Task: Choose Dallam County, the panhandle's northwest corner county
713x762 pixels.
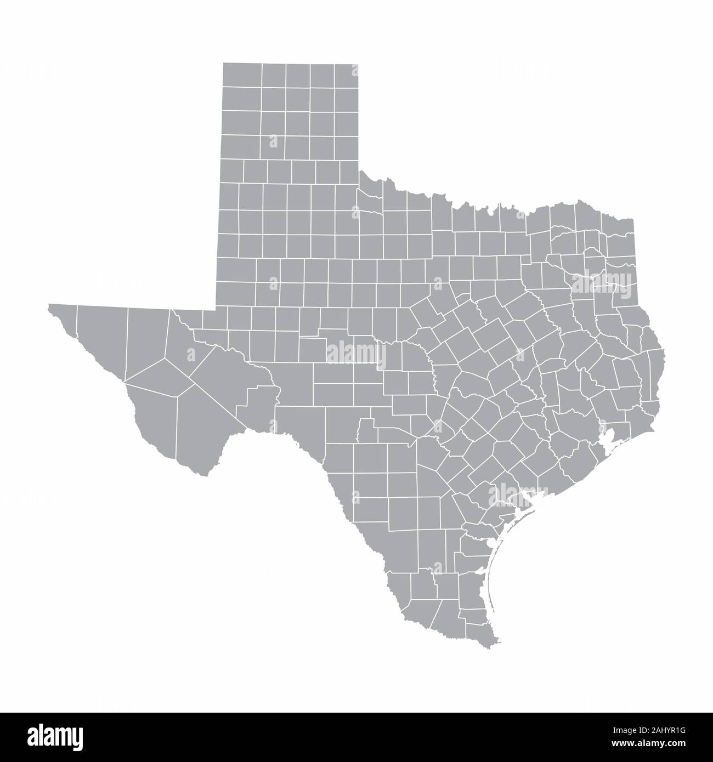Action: pos(242,75)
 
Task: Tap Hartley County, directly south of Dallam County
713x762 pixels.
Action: pos(242,99)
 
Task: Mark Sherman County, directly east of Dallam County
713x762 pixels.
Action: pos(273,75)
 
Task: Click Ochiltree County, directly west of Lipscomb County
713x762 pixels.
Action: pos(322,75)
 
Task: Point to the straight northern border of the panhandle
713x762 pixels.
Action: pos(291,63)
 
